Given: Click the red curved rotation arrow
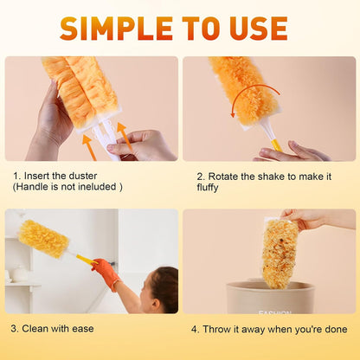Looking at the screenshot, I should [251, 95].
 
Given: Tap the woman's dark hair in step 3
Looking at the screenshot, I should [163, 286].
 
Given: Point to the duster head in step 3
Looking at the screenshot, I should [43, 238].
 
